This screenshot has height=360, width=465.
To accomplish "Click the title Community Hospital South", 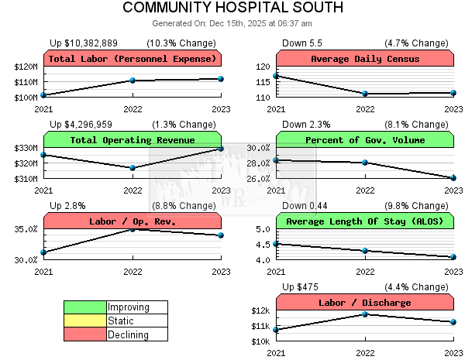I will point(232,9).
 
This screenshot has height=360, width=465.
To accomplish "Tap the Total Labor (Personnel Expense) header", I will point(133,59).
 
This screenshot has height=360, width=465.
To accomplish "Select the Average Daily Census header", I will point(364,59).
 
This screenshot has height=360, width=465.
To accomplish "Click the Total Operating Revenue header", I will point(133,140).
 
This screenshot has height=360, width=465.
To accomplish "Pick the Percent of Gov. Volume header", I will point(364,140).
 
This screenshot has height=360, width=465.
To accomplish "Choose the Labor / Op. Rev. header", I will point(133,221).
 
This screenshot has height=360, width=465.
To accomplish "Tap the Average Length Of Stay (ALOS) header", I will point(364,221).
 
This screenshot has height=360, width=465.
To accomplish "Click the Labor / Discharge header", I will point(364,303).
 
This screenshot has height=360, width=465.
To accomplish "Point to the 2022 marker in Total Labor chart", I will point(133,81).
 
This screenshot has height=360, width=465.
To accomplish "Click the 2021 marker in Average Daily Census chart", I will point(277,76).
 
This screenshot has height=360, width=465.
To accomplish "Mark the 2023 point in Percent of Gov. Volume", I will point(453,178).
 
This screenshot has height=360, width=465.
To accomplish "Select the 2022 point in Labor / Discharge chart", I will point(365,314).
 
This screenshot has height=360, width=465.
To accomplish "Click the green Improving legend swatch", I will point(84,307).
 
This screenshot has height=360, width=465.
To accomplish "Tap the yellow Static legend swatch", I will point(84,321).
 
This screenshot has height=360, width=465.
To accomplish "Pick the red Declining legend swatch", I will point(84,334).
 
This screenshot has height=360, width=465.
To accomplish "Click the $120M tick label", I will point(26,67).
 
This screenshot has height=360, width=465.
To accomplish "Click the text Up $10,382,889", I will point(84,43).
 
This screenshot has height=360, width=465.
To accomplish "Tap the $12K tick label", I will point(260,310).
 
